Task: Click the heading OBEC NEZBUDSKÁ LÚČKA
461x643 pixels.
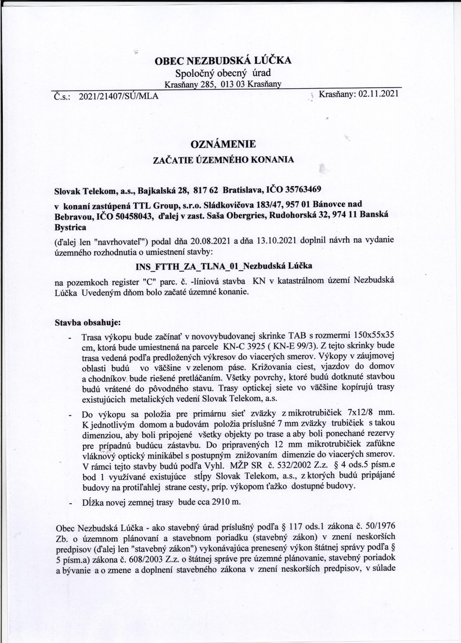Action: tap(223, 61)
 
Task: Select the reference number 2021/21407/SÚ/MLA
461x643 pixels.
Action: tap(118, 96)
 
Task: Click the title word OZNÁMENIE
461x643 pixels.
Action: tap(223, 144)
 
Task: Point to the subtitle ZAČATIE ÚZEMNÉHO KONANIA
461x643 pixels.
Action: tap(223, 160)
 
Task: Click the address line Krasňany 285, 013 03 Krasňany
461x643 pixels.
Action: tap(223, 84)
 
